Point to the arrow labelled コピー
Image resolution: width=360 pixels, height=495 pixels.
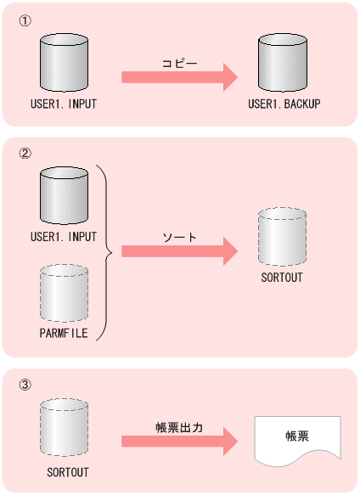point(179,77)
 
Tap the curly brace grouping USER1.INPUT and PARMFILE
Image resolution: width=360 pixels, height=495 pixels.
point(106,252)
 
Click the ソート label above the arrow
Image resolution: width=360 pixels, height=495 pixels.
point(178,237)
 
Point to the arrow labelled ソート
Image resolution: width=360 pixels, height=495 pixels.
point(179,252)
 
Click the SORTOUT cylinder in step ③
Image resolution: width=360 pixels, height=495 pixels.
point(65,429)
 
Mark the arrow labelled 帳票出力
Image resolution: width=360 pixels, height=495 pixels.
point(179,442)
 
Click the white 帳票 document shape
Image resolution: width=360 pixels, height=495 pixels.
point(297,440)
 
